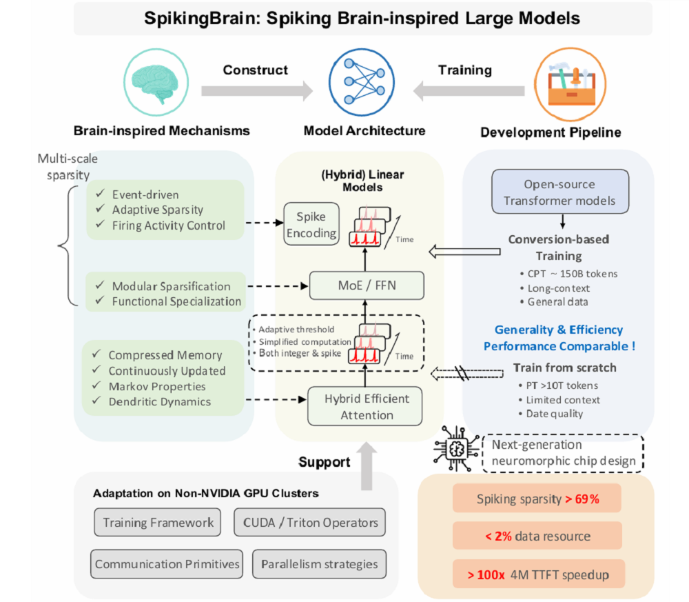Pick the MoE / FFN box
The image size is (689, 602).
(365, 285)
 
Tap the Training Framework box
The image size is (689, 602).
(158, 522)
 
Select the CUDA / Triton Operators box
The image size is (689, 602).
(309, 522)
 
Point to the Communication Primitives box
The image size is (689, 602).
(167, 563)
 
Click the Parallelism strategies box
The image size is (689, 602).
(319, 563)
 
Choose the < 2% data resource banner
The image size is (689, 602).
(537, 536)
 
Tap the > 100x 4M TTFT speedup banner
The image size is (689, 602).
(537, 574)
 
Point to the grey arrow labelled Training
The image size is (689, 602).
(469, 90)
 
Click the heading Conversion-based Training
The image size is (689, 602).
(559, 248)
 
